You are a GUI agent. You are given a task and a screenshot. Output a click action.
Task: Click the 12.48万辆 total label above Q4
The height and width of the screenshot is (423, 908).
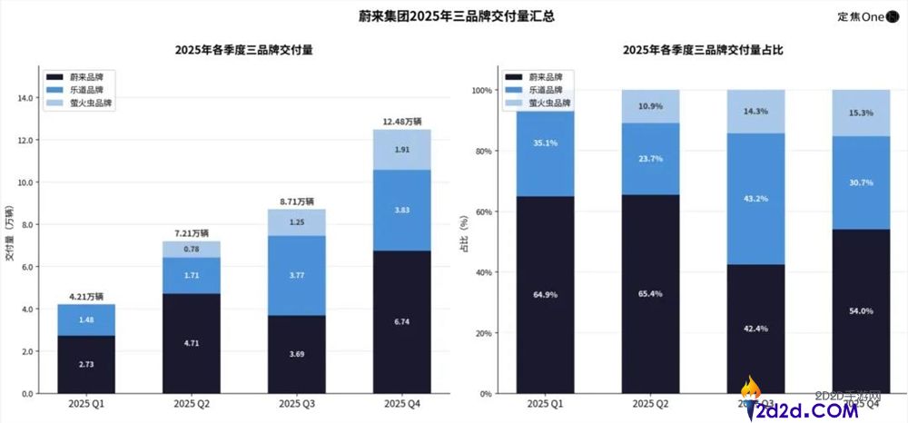[401, 121]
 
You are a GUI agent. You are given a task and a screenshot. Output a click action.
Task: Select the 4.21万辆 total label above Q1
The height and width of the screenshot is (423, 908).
[86, 296]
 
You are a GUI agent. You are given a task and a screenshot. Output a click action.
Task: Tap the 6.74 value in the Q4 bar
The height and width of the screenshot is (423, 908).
[401, 321]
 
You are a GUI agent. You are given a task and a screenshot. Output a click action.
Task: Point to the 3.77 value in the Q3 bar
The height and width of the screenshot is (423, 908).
[297, 275]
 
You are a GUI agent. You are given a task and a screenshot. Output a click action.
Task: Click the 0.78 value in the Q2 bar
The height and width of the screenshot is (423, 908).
[192, 249]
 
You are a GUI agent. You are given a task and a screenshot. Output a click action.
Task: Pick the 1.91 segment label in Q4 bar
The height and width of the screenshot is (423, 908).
[401, 150]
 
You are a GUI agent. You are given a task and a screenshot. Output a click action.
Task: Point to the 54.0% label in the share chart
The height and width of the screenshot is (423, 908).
[860, 310]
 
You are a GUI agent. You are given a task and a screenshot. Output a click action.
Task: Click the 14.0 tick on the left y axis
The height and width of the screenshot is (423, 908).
[25, 98]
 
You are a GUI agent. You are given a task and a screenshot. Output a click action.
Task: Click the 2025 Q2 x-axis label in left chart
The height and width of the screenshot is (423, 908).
[192, 404]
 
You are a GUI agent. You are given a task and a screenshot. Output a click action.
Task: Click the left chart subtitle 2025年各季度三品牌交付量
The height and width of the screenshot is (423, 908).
[244, 50]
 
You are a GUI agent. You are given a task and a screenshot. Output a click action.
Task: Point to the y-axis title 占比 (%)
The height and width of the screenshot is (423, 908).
[463, 241]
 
